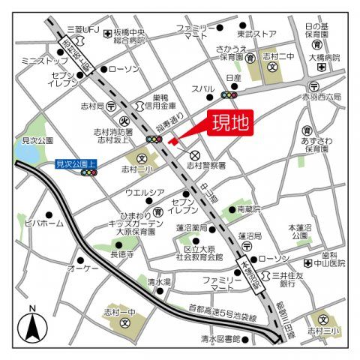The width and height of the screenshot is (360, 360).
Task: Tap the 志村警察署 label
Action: pos(207,166)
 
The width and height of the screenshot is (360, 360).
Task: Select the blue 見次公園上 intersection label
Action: pos(76,162)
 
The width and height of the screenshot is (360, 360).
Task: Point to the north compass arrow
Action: pos(32,325)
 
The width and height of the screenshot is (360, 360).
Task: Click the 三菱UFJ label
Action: pos(82,28)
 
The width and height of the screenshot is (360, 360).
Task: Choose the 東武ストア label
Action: pos(257,33)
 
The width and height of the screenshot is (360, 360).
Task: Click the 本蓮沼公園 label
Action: pos(301,230)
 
